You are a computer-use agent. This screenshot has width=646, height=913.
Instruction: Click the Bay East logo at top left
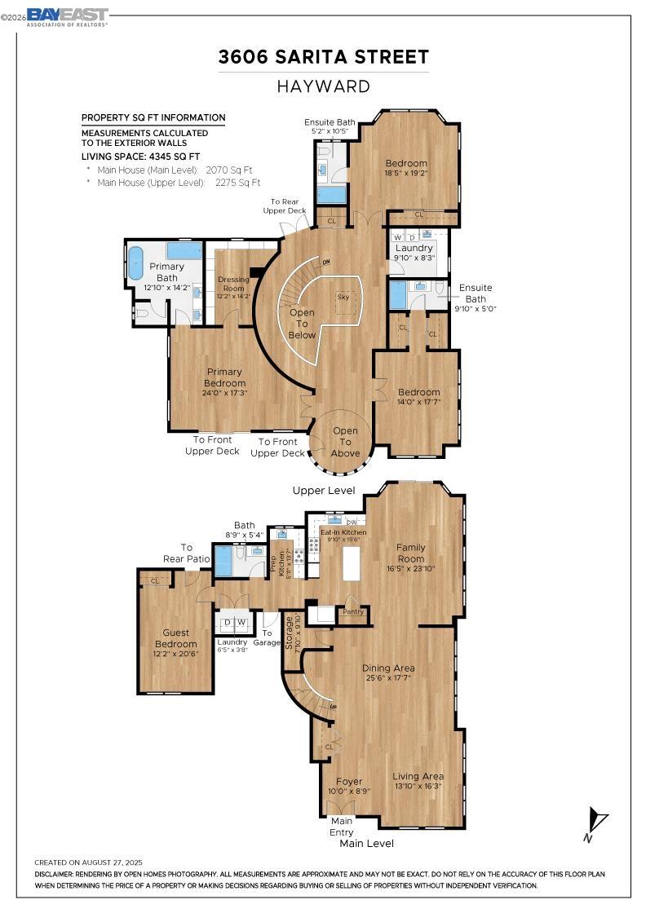tap(67, 17)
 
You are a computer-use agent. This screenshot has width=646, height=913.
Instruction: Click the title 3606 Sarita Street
tap(323, 57)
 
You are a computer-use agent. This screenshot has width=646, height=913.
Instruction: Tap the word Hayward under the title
tap(323, 86)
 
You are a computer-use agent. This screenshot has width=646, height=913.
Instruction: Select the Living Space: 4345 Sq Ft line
tap(140, 156)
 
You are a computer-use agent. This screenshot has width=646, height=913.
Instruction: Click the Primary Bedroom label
tap(224, 377)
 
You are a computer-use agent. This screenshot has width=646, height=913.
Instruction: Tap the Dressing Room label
tap(232, 288)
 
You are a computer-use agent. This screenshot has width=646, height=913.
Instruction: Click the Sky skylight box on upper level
tap(343, 297)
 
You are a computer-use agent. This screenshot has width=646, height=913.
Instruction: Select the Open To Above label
tap(345, 442)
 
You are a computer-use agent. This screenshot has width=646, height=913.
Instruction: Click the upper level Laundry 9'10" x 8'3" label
tap(414, 252)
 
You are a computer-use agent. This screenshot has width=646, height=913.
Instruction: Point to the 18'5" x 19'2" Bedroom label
tap(406, 167)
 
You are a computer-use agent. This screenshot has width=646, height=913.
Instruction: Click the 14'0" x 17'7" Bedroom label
tap(418, 397)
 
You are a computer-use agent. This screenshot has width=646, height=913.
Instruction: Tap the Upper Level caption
tap(324, 491)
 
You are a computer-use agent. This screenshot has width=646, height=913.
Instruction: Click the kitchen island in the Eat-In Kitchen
tap(352, 563)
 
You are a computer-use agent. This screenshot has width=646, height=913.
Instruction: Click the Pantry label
tap(352, 611)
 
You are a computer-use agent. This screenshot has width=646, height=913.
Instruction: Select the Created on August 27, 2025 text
tap(88, 862)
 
